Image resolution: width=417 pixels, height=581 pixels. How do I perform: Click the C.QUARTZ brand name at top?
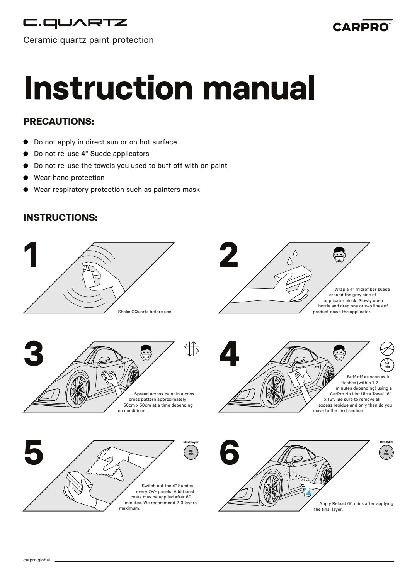point(75,24)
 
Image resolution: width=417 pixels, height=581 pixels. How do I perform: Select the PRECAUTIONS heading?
point(59,121)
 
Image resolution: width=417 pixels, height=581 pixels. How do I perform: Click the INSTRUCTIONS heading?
point(60,217)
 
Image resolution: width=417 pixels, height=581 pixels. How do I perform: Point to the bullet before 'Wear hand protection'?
point(26,178)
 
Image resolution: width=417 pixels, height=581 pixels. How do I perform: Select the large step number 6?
point(229,452)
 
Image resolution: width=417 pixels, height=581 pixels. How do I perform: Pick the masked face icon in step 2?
point(339,255)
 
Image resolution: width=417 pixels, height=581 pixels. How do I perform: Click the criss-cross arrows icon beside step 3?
point(191,349)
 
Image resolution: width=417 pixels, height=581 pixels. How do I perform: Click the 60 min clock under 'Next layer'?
point(191,452)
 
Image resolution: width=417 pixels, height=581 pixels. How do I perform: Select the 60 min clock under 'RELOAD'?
point(386,452)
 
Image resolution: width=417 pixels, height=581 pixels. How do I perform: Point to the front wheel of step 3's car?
point(79,390)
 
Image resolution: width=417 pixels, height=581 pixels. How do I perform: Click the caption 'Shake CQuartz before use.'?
point(145,312)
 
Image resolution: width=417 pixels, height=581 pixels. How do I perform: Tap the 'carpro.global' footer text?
point(37,560)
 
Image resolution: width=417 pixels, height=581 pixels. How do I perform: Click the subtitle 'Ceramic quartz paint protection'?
point(89,40)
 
